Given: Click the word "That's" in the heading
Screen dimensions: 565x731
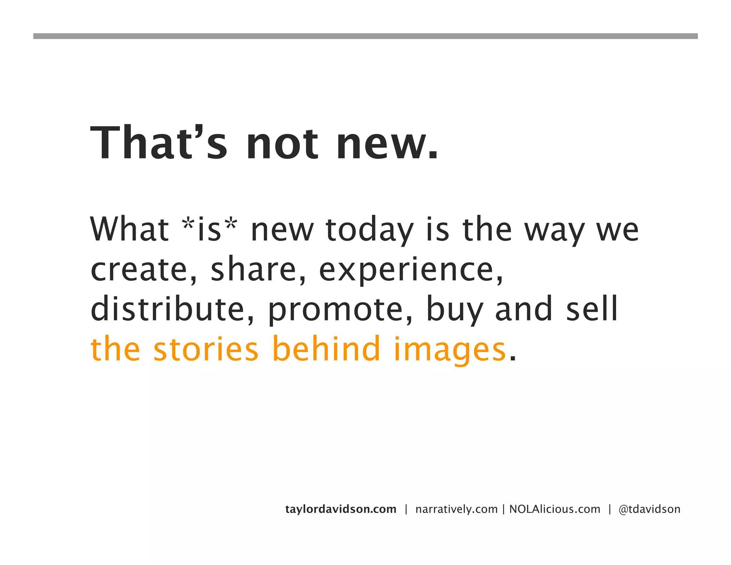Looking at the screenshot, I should click(159, 143).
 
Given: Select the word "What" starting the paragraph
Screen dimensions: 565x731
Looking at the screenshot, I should click(129, 229).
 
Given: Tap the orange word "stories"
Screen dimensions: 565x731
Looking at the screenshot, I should click(206, 349).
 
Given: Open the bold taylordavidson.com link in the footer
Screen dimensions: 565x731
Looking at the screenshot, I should click(341, 509).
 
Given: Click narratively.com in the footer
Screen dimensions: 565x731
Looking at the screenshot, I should click(457, 509).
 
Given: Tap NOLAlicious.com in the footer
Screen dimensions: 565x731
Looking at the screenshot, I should click(555, 509).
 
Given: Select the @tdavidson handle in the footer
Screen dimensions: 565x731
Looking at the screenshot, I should click(649, 509).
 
